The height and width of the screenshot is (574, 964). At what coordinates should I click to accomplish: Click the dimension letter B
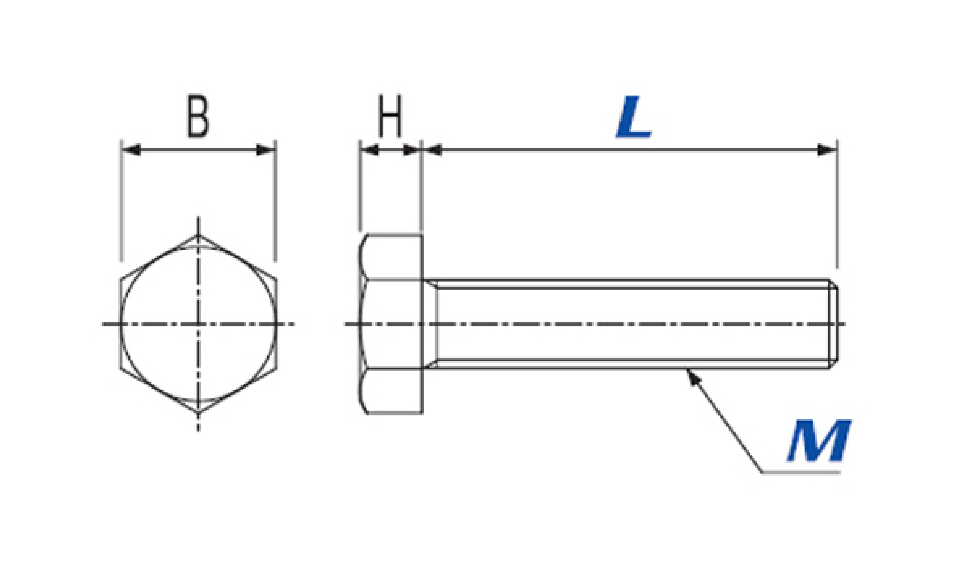[198, 116]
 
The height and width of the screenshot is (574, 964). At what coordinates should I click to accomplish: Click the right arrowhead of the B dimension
[266, 150]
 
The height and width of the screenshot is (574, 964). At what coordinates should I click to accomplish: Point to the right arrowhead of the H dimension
[412, 150]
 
